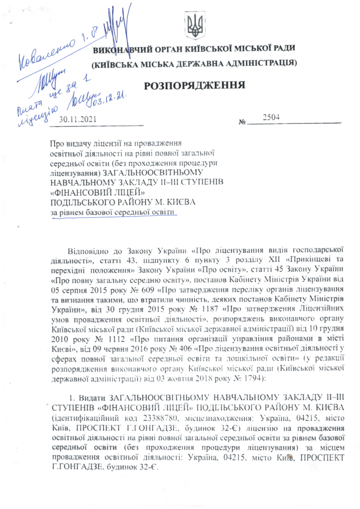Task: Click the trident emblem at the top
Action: click(x=193, y=25)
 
